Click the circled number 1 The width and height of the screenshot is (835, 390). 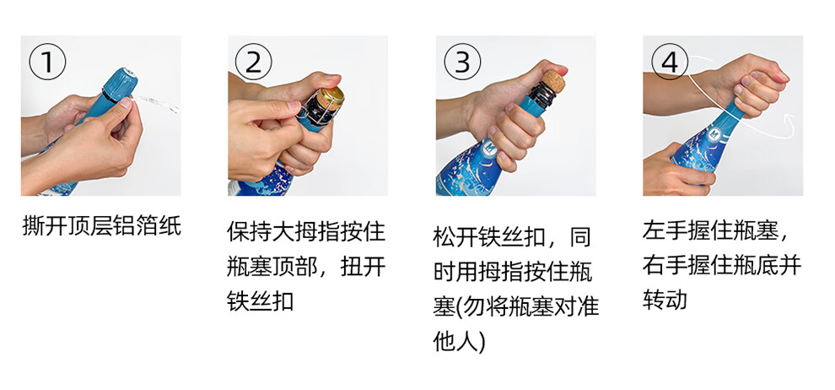47,62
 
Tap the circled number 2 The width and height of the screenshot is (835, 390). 254,62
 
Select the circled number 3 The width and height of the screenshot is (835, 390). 462,62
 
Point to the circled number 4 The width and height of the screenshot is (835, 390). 670,62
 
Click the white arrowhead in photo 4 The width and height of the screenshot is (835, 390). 789,121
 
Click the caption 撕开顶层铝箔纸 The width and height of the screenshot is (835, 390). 102,226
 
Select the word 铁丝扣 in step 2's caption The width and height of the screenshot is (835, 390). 260,301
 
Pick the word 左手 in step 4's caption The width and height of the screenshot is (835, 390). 661,231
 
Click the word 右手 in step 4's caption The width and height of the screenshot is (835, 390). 661,266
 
